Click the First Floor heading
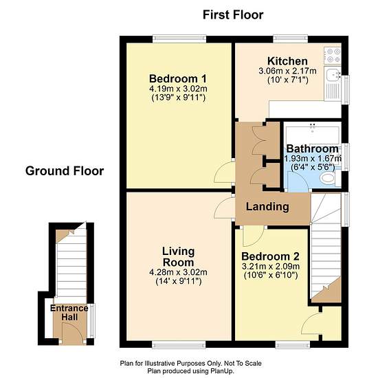click(x=233, y=15)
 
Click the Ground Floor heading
click(x=65, y=171)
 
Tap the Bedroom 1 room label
click(x=178, y=78)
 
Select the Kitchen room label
click(x=287, y=61)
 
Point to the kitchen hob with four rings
click(x=333, y=55)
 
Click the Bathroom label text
click(x=312, y=148)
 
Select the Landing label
click(x=267, y=207)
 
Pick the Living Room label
click(x=178, y=257)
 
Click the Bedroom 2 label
click(x=270, y=256)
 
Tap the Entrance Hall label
click(x=69, y=313)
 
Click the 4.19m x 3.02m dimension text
click(x=178, y=89)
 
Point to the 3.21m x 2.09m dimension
click(x=271, y=267)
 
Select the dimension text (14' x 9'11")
click(x=179, y=281)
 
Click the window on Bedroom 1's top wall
click(x=179, y=38)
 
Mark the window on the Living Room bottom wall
click(x=179, y=344)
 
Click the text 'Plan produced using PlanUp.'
click(x=190, y=371)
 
